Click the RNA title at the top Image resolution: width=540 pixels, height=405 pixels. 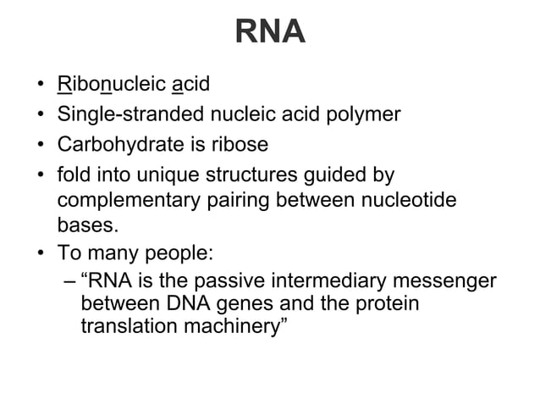click(270, 32)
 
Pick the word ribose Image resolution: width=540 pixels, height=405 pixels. click(239, 145)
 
